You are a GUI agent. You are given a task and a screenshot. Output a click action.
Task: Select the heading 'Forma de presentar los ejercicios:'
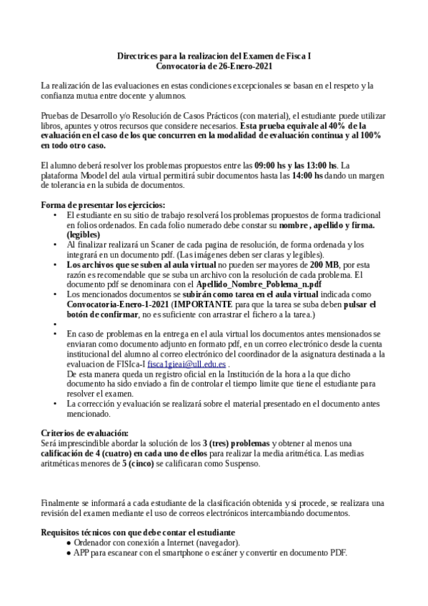pyautogui.click(x=103, y=204)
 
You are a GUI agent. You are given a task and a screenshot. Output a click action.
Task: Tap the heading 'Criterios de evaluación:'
pyautogui.click(x=85, y=433)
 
